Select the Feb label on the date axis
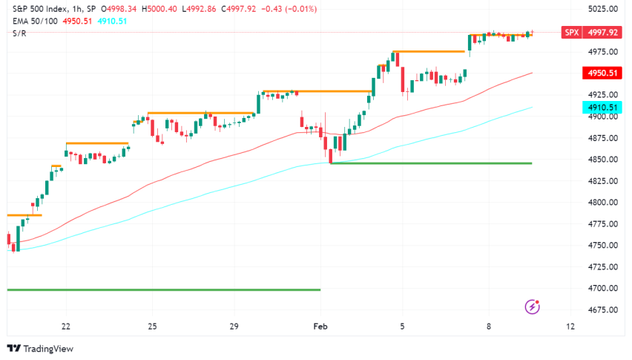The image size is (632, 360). pyautogui.click(x=320, y=327)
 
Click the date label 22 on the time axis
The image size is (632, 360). pyautogui.click(x=66, y=327)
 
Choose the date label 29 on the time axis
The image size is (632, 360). pyautogui.click(x=234, y=327)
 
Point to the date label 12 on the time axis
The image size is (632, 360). pyautogui.click(x=570, y=327)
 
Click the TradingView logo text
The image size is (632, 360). pyautogui.click(x=44, y=349)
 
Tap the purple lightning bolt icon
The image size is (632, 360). pyautogui.click(x=532, y=306)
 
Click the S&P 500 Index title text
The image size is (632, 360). pyautogui.click(x=37, y=9)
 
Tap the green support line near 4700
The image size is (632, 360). pyautogui.click(x=163, y=289)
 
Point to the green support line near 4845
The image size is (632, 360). pyautogui.click(x=430, y=163)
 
